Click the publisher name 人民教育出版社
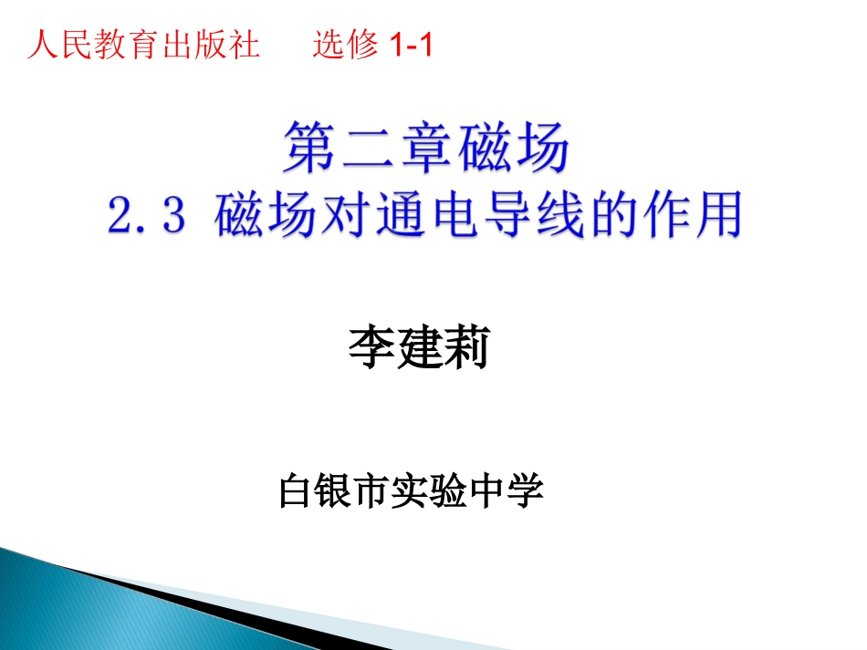coord(143,45)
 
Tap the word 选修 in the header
coord(345,45)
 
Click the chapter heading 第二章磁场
coord(427,150)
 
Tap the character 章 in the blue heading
coord(427,150)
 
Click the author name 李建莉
coord(419,350)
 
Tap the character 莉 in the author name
coord(465,350)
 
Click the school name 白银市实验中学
coord(412,491)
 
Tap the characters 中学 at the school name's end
coord(507,491)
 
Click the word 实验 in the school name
coord(430,491)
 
